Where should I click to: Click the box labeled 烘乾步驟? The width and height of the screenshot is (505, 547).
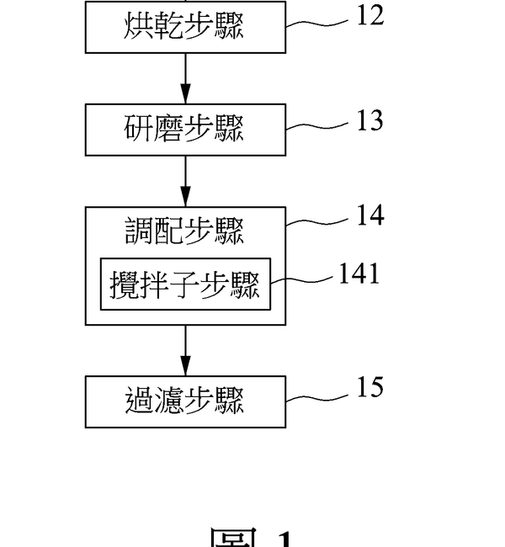click(x=185, y=28)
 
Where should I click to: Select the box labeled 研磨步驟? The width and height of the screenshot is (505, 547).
click(x=185, y=130)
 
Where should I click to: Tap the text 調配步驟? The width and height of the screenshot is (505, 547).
click(x=185, y=231)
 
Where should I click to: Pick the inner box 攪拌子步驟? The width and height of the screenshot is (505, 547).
click(x=185, y=284)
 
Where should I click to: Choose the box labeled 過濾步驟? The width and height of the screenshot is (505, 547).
click(x=185, y=401)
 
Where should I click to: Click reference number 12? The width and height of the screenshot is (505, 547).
click(x=369, y=16)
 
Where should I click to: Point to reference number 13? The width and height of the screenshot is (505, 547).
click(x=369, y=120)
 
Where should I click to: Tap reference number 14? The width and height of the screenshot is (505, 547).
click(x=369, y=215)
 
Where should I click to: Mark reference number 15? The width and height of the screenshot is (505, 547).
click(x=369, y=387)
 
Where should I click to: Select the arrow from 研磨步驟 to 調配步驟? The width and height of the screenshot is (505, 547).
click(x=185, y=181)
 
